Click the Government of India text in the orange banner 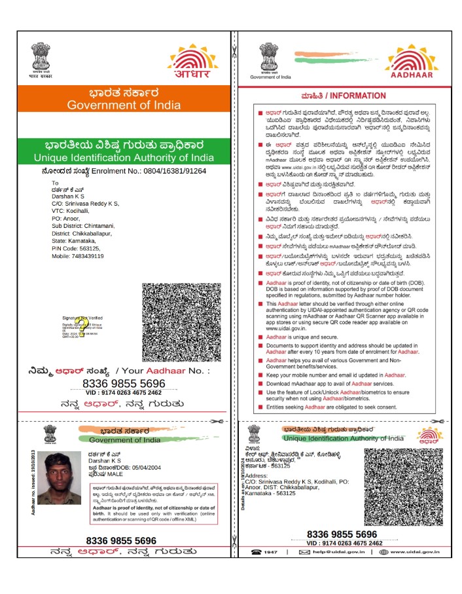pyautogui.click(x=119, y=105)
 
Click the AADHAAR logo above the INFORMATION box pyautogui.click(x=412, y=63)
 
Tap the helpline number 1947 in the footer pyautogui.click(x=270, y=553)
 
